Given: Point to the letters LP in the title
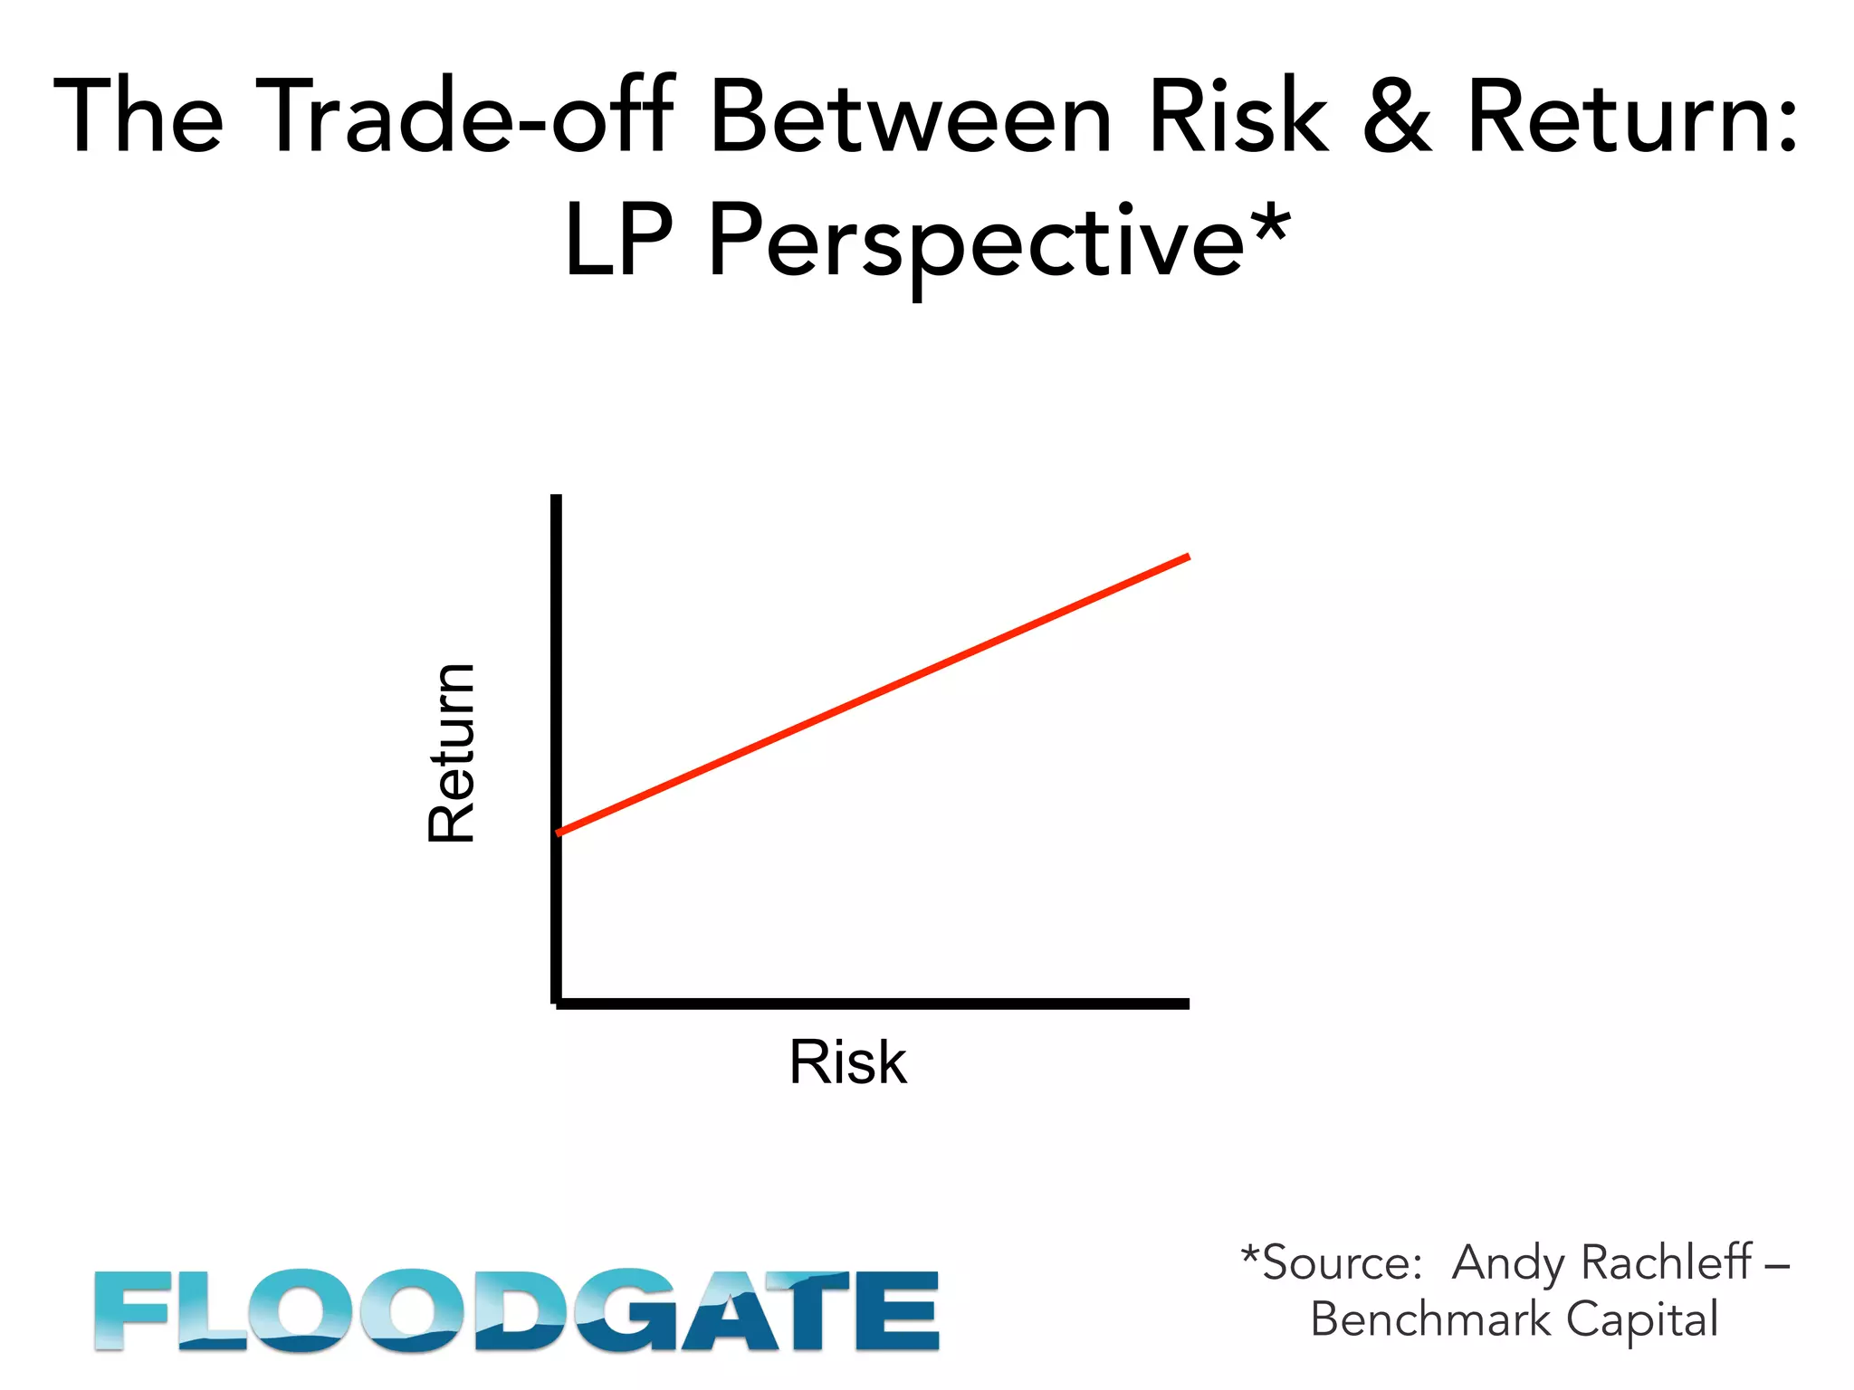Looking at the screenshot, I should click(619, 241).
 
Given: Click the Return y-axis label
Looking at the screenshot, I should click(451, 753).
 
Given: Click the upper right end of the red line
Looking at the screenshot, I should click(1187, 557).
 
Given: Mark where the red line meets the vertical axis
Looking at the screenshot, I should click(558, 832).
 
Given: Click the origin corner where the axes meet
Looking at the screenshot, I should click(556, 1003).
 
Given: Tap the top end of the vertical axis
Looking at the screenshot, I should click(556, 499).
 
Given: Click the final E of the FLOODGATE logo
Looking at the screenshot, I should click(897, 1310).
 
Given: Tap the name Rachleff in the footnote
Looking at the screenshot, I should click(1667, 1262).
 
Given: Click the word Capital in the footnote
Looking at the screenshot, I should click(1642, 1319).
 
